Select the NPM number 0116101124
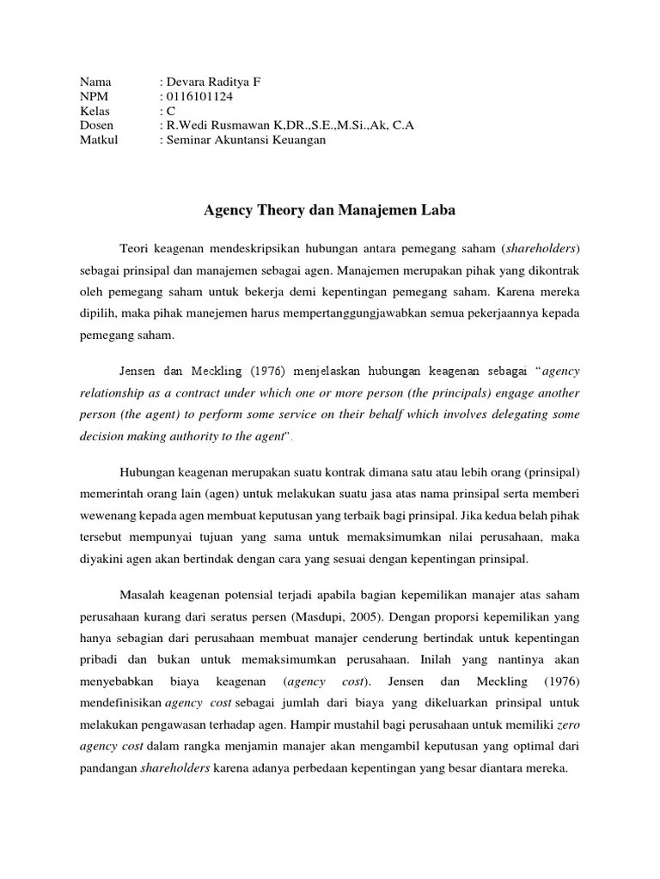click(x=199, y=97)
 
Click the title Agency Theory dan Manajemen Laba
click(x=329, y=209)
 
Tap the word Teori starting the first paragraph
click(x=134, y=248)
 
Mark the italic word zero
click(x=569, y=725)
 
